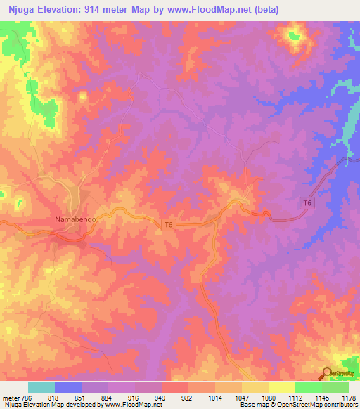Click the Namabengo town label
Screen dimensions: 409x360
click(75, 219)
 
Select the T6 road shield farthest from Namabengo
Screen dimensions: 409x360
click(306, 203)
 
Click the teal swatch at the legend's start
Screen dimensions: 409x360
click(41, 387)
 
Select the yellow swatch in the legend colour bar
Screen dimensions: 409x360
click(282, 387)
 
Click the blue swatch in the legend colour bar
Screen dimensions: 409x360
click(68, 387)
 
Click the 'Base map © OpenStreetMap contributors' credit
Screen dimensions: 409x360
click(298, 405)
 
